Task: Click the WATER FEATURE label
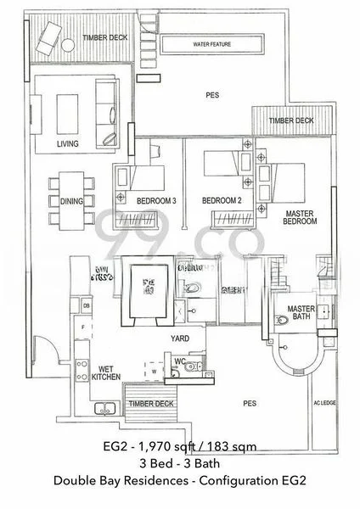coord(212,43)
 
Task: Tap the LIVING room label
coord(68,144)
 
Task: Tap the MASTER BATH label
coord(301,311)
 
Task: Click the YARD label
coord(180,338)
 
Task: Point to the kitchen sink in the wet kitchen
coord(81,367)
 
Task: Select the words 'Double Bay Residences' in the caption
coord(118,481)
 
